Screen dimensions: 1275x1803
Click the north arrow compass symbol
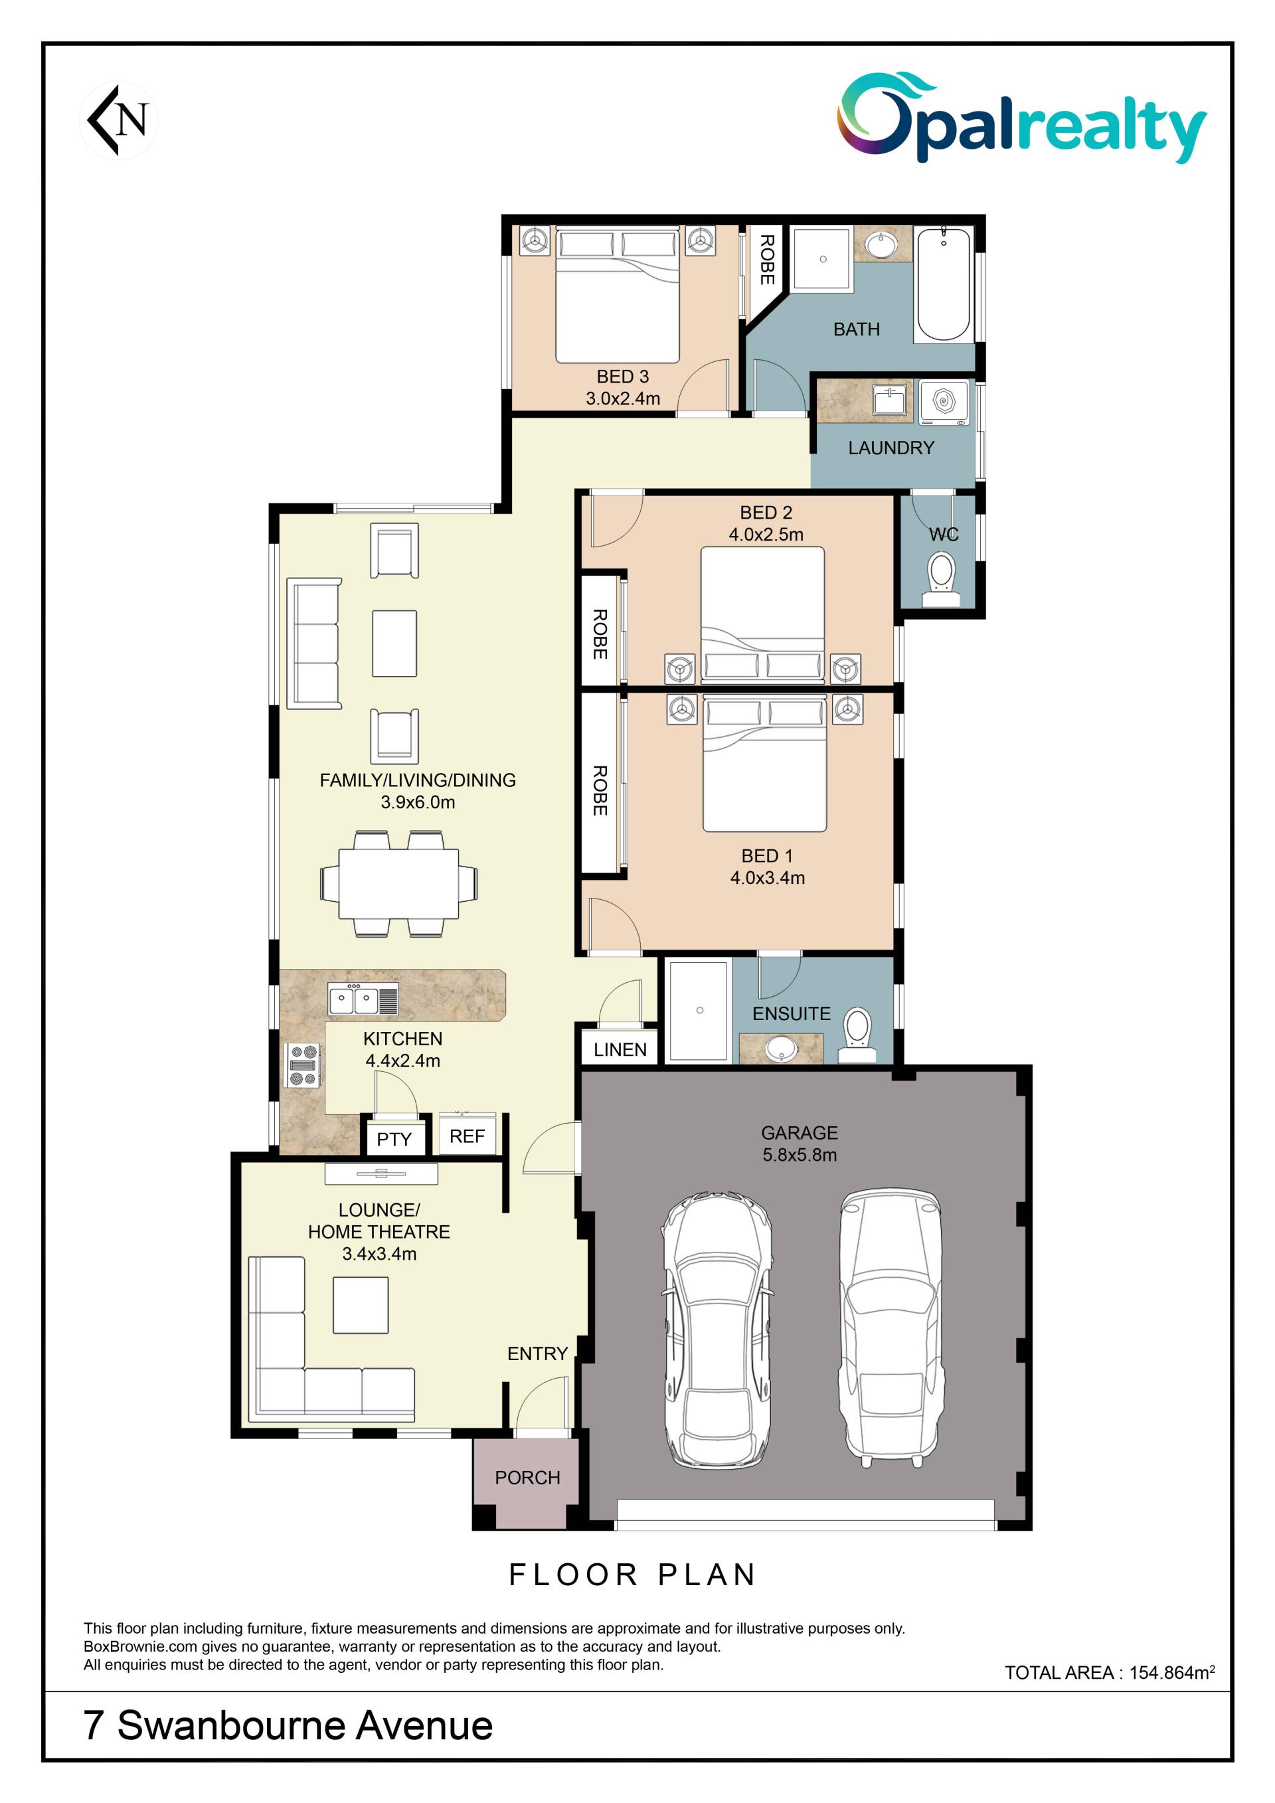[x=119, y=120]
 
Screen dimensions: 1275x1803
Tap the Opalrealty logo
[x=1021, y=118]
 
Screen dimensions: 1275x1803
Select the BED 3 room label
[x=623, y=377]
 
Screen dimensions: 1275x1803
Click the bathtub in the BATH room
[x=944, y=284]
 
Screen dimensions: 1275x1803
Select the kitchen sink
[x=363, y=999]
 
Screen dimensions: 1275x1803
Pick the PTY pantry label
[x=394, y=1140]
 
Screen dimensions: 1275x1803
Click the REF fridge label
[x=467, y=1136]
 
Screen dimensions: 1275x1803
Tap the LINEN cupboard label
[x=620, y=1050]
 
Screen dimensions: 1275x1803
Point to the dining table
[x=399, y=883]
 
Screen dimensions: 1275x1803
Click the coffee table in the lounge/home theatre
[x=361, y=1305]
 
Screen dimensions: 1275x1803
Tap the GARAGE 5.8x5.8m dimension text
[x=800, y=1155]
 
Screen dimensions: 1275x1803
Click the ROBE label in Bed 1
[x=600, y=791]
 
